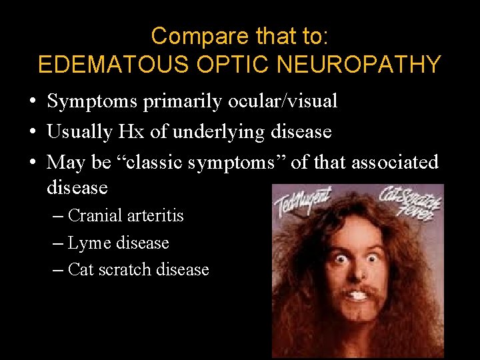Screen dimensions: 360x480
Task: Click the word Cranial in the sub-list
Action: click(95, 216)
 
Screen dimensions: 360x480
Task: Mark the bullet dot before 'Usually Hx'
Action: click(32, 133)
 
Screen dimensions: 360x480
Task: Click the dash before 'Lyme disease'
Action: click(58, 243)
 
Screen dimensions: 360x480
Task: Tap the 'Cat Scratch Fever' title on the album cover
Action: click(408, 201)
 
